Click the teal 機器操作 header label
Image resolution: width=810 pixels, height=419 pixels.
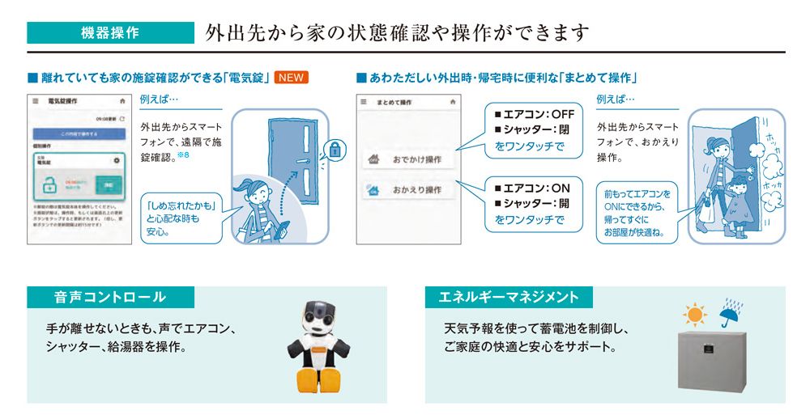click(109, 33)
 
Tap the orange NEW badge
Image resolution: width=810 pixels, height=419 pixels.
click(292, 78)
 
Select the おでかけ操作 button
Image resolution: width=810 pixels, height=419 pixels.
click(408, 159)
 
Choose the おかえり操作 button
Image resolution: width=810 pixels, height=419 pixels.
click(408, 190)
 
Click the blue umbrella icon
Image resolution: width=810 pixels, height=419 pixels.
click(731, 311)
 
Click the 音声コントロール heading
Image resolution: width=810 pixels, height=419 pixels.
click(110, 297)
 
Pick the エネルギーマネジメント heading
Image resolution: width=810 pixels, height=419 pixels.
click(509, 297)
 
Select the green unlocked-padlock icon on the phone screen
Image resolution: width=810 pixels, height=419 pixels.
click(49, 184)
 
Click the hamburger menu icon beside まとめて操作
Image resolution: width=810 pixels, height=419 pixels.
click(364, 103)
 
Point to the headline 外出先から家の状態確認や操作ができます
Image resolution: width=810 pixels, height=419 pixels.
click(397, 33)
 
